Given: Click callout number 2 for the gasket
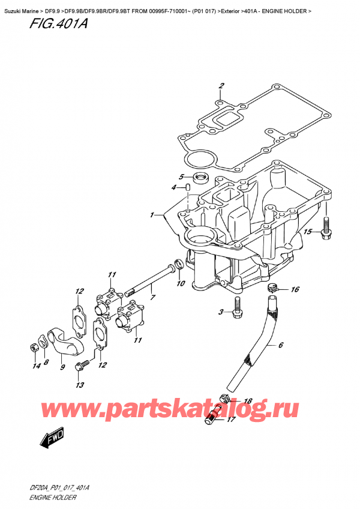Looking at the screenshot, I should (x=221, y=85).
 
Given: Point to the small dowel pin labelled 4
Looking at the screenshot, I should (x=188, y=188).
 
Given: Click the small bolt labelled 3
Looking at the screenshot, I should (x=238, y=310).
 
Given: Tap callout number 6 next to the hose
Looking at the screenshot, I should (x=280, y=345).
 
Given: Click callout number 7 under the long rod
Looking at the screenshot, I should (x=153, y=297).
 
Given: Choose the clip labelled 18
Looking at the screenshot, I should (x=226, y=397).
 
